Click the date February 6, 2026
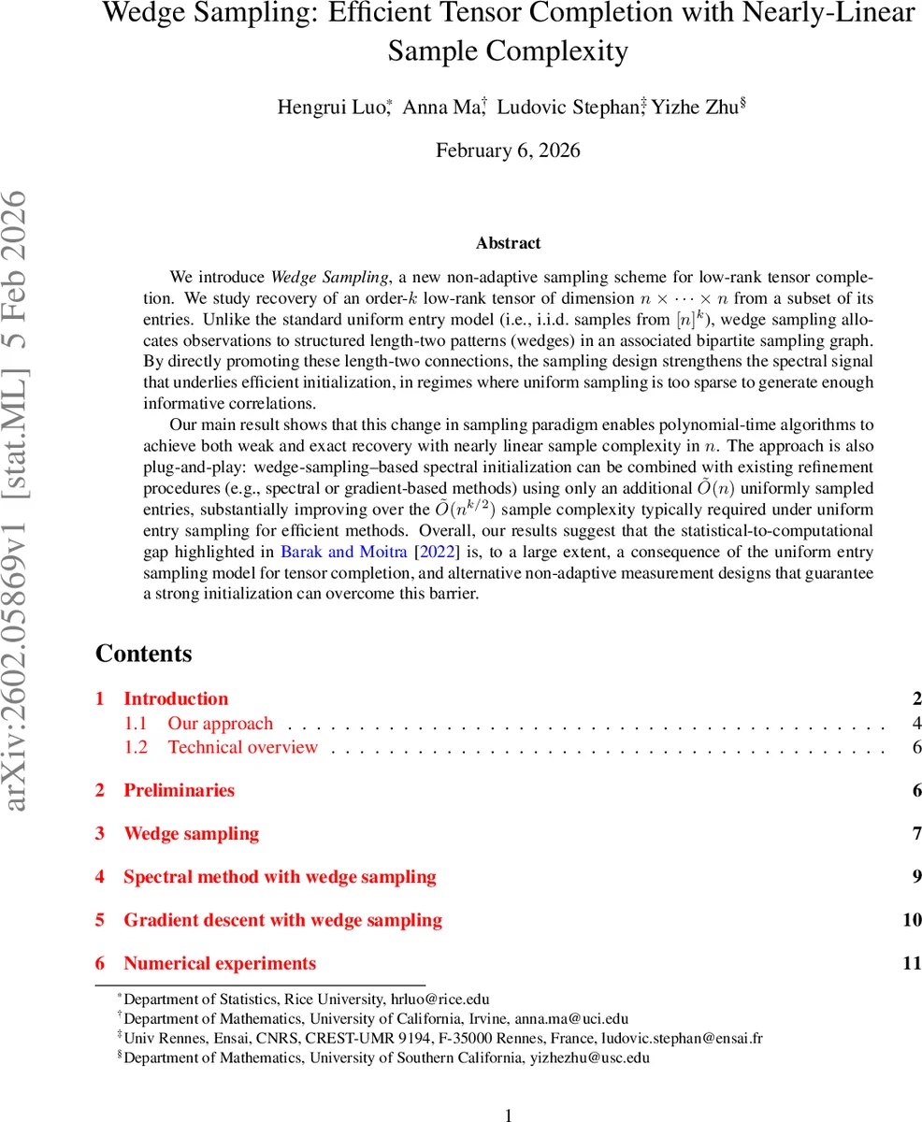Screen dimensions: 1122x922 [508, 151]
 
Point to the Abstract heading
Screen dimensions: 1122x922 [508, 243]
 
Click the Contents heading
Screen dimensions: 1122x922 [143, 654]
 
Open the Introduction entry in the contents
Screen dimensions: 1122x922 [176, 698]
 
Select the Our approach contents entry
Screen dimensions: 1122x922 [221, 723]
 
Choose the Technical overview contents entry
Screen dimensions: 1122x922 [243, 747]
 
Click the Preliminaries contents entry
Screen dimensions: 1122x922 [179, 790]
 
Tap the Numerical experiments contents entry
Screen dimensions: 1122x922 [220, 963]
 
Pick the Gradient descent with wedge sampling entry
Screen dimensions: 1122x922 [282, 920]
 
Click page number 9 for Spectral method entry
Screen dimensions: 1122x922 [917, 877]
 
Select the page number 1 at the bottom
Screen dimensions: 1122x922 [508, 1115]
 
